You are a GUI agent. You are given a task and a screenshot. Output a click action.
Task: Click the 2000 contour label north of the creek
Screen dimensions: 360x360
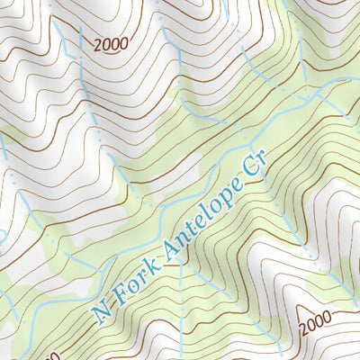tap(110, 42)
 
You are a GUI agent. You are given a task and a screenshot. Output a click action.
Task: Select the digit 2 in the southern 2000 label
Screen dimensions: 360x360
tap(302, 329)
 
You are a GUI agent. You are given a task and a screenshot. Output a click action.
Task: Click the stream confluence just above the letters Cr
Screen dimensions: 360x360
tap(246, 144)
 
